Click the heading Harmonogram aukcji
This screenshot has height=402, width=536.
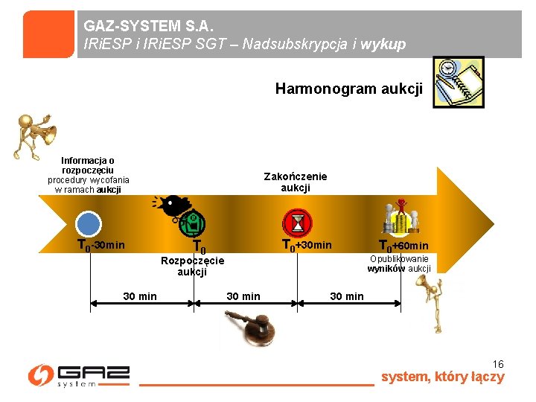pyautogui.click(x=348, y=89)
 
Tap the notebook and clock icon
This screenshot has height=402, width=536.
pyautogui.click(x=458, y=82)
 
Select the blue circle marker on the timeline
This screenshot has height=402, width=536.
pyautogui.click(x=89, y=225)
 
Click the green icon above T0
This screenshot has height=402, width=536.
pyautogui.click(x=192, y=222)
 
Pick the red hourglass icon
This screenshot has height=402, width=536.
pyautogui.click(x=298, y=223)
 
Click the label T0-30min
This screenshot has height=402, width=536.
pyautogui.click(x=101, y=246)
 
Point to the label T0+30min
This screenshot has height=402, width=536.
pyautogui.click(x=306, y=246)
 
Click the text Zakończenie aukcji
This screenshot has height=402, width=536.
pyautogui.click(x=295, y=182)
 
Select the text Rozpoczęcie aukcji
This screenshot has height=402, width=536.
pyautogui.click(x=192, y=266)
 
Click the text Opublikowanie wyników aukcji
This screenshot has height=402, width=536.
pyautogui.click(x=399, y=264)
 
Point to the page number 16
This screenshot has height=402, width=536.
pyautogui.click(x=498, y=364)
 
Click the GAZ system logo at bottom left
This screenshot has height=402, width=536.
pyautogui.click(x=79, y=375)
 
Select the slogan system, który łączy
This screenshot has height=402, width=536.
pyautogui.click(x=442, y=377)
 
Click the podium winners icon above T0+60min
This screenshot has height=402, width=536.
pyautogui.click(x=401, y=217)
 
